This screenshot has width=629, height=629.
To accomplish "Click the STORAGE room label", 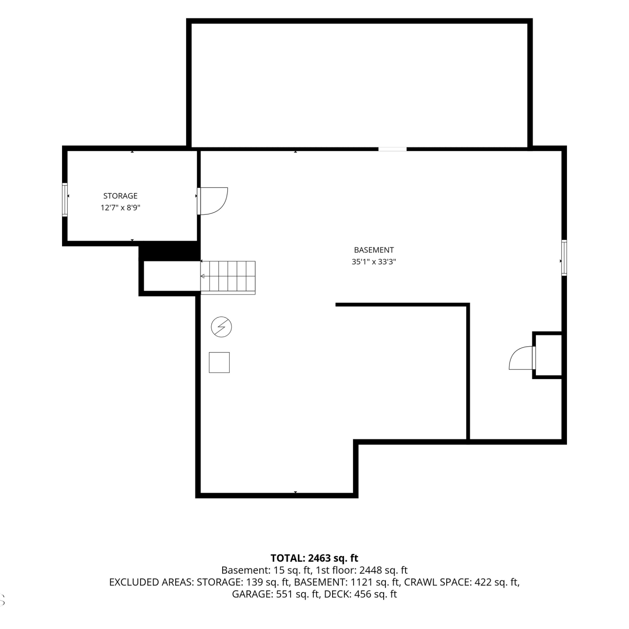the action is coord(120,196).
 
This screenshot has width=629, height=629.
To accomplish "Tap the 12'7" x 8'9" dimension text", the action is coord(120,208).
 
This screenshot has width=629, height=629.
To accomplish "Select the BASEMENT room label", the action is coord(374,250).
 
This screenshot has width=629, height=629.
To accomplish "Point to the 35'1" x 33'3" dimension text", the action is coord(374,262).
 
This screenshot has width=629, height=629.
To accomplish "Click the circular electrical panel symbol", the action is coord(221,327).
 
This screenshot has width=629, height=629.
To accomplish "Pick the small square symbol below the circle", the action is coord(219,362).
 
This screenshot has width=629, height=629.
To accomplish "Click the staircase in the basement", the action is coord(228,277).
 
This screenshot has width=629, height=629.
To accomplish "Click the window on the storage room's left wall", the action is coord(65,200).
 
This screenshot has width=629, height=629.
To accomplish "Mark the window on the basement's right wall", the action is coord(564,257).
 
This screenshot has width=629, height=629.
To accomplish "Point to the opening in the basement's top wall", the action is coord(392,149).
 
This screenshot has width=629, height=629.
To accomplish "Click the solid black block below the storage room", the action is coord(169,251).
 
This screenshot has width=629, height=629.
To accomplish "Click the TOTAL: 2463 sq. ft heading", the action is coord(314,558).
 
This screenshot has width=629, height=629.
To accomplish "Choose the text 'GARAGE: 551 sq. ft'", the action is coord(276,594).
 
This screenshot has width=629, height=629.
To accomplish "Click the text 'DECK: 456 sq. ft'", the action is coord(361,594).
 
